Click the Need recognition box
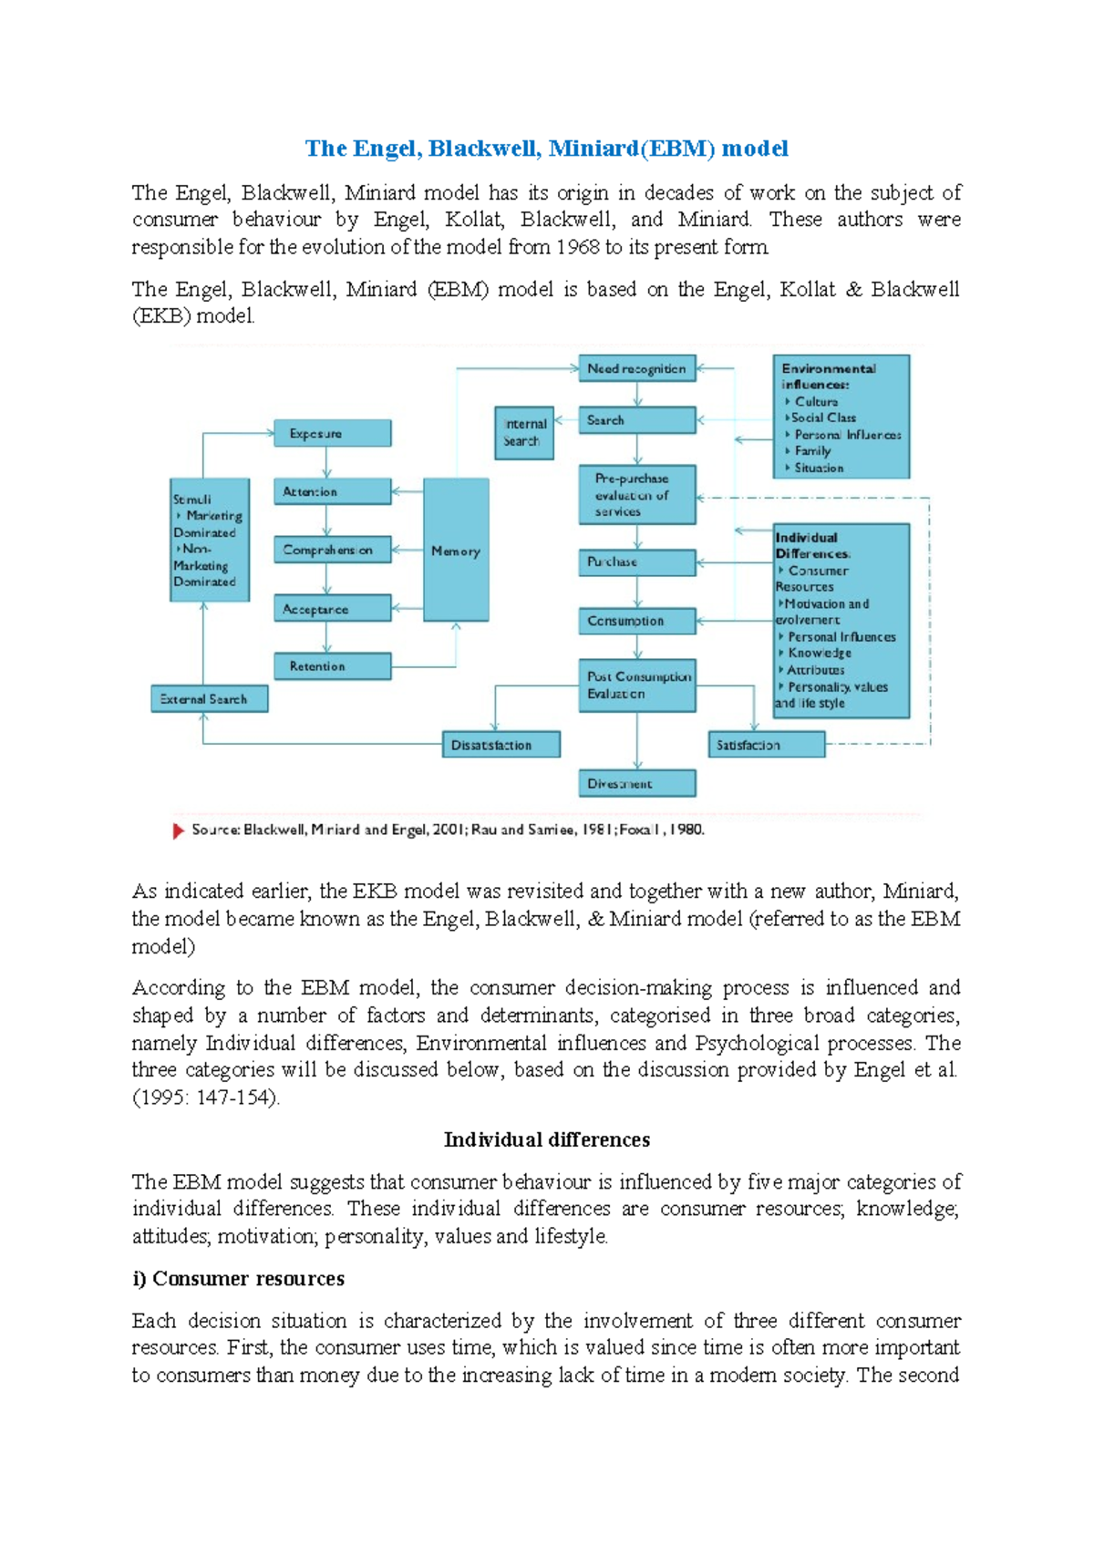[636, 368]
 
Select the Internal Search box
[524, 433]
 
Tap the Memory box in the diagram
[456, 551]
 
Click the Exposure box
[333, 433]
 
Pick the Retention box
[333, 666]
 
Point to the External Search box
[209, 699]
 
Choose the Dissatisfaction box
[501, 745]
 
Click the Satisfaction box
[766, 745]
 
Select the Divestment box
[636, 783]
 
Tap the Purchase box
[636, 562]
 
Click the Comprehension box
[333, 550]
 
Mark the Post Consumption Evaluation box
[636, 685]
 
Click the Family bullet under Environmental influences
[811, 451]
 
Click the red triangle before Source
[179, 830]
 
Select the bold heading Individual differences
[547, 1139]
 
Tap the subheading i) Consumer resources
[239, 1279]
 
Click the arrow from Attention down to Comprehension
[326, 520]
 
